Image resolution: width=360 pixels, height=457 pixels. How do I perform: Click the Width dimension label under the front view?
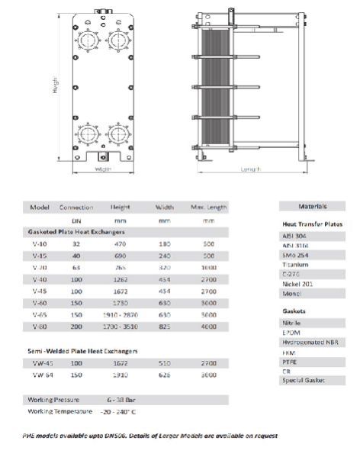point(104,169)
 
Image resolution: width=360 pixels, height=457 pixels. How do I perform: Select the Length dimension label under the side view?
point(251,169)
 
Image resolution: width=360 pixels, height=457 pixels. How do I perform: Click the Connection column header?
point(76,208)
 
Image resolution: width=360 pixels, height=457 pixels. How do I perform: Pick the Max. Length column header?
point(208,208)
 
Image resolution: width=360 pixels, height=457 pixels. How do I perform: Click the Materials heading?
point(313,206)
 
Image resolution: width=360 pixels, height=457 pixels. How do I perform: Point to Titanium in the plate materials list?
point(295,264)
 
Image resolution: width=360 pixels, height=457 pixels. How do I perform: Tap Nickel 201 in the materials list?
point(297,283)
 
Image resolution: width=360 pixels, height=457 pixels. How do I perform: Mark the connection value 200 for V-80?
point(76,326)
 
